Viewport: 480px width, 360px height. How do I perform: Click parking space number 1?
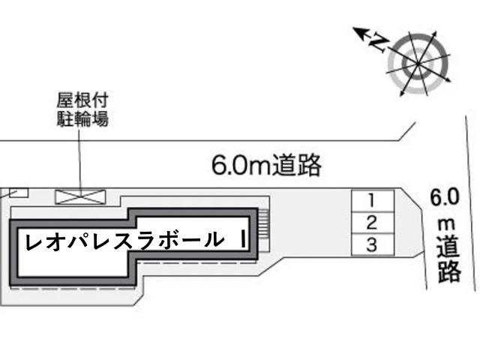pos(373,200)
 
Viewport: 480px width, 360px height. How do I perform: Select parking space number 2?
pos(373,223)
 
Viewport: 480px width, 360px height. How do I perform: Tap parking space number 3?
pos(373,244)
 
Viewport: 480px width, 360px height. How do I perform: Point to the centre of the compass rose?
pos(418,64)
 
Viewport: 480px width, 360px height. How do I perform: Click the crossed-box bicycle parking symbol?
pos(80,196)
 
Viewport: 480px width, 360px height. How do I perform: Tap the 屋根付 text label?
pos(82,100)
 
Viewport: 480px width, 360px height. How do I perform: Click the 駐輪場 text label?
pos(82,118)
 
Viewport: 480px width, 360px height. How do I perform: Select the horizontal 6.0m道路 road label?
pos(266,165)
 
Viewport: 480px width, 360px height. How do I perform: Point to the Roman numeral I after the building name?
pos(243,239)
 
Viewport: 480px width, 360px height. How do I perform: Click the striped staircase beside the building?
pos(264,223)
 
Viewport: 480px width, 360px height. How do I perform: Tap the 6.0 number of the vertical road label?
pos(445,196)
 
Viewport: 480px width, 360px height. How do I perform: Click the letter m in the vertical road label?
pos(445,225)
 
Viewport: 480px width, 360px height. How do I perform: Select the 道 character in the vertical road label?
pos(448,247)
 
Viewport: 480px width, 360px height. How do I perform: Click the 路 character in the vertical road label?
pos(449,271)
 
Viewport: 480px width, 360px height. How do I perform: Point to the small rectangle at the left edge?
pos(19,193)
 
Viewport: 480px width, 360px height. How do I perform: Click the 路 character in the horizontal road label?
pos(310,165)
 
